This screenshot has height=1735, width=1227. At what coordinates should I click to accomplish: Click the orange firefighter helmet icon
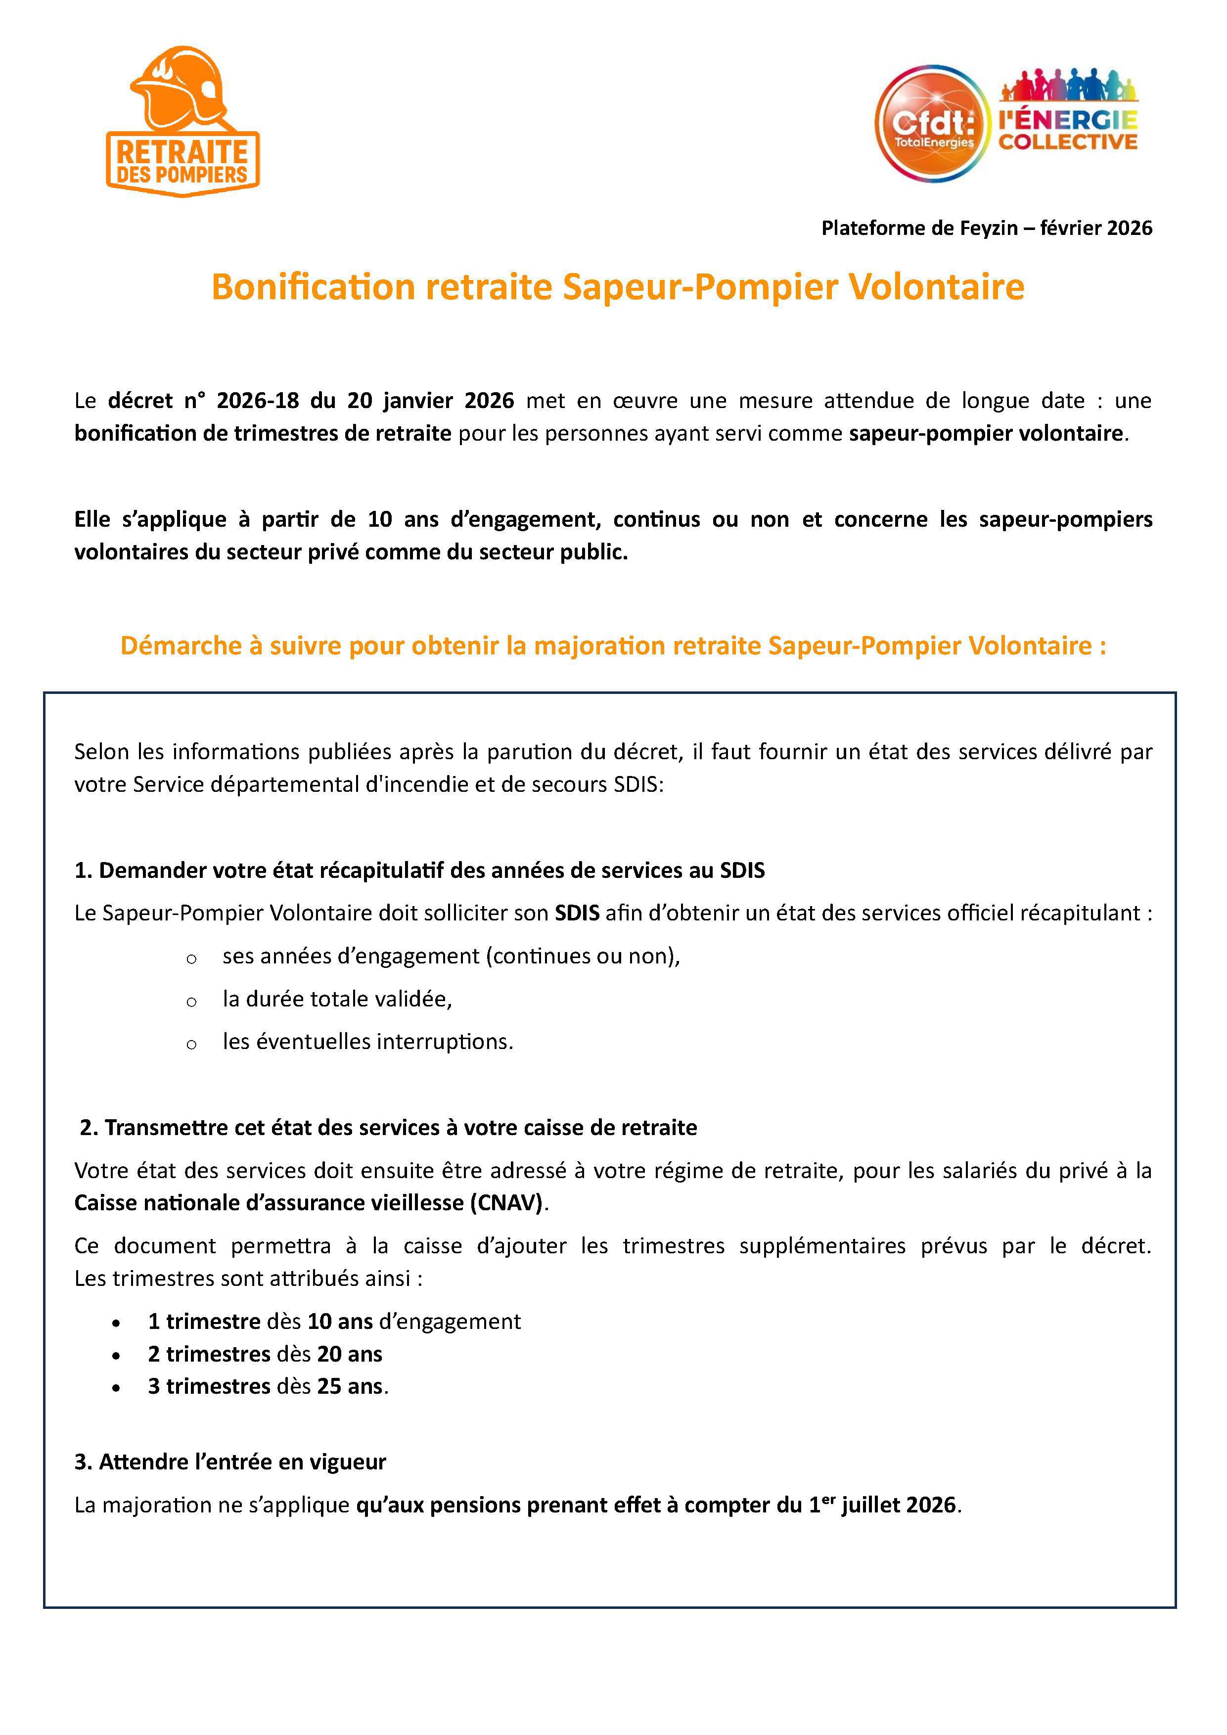[x=179, y=89]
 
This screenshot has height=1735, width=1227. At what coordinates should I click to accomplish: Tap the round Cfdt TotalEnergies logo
[x=932, y=123]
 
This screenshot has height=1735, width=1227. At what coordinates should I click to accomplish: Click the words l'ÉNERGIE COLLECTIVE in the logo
[x=1068, y=130]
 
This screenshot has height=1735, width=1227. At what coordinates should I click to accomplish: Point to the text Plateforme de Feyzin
[x=919, y=228]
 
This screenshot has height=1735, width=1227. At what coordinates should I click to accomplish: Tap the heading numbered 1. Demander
[x=419, y=870]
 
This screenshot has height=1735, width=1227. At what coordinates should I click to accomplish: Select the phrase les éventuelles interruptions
[x=367, y=1042]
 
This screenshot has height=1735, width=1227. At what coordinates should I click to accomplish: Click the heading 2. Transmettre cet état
[x=388, y=1128]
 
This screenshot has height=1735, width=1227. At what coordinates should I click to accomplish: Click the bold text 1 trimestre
[x=204, y=1322]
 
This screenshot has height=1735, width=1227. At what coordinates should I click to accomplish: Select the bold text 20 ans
[x=349, y=1354]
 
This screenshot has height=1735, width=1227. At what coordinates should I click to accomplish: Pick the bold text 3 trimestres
[x=209, y=1387]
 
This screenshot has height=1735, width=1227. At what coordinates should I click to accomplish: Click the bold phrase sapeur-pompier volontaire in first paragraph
[x=985, y=434]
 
